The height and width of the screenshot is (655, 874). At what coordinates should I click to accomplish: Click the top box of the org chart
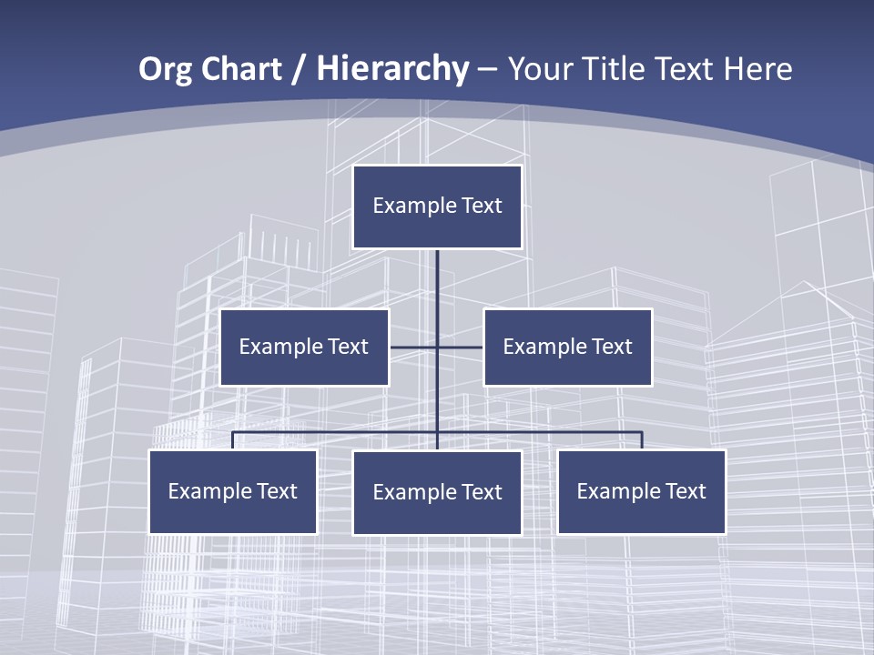(437, 207)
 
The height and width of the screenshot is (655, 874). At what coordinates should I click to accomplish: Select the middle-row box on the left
(304, 347)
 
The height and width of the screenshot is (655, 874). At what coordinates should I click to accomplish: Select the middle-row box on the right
(568, 347)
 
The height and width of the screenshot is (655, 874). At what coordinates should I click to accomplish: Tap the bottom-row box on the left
(233, 491)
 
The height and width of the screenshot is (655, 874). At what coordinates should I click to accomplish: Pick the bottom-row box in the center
(437, 492)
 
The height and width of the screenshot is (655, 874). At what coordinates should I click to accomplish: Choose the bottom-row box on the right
(642, 491)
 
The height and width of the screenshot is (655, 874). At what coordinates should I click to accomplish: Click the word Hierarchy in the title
(392, 69)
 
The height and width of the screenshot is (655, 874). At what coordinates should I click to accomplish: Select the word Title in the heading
(619, 69)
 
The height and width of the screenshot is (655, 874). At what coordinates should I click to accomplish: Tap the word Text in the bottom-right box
(685, 491)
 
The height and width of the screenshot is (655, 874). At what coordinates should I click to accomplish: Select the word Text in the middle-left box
(347, 347)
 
